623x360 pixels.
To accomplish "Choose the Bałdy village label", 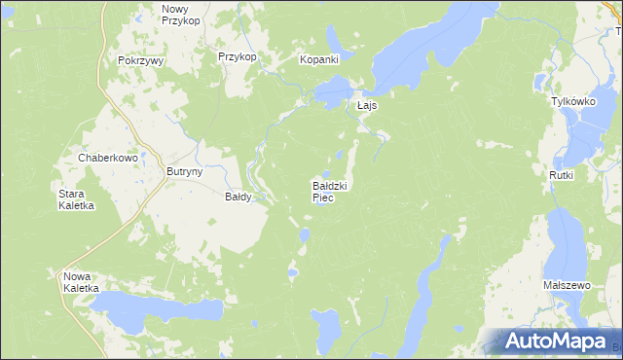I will tap(238, 197).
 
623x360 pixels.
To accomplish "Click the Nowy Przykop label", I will tap(181, 14).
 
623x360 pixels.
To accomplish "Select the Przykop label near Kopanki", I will tap(238, 57).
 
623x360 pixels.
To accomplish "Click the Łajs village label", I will tap(366, 105).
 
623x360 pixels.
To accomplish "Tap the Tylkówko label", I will tap(572, 101).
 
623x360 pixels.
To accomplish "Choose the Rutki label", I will tap(562, 175).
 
